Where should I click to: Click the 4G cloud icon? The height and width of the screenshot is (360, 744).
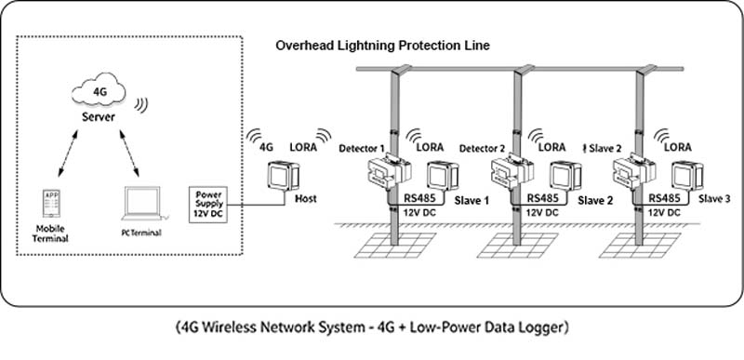[x=99, y=90]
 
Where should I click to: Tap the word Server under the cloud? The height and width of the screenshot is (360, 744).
[x=99, y=116]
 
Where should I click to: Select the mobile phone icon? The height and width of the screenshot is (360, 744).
[x=50, y=204]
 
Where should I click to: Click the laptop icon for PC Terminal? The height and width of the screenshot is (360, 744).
[x=142, y=204]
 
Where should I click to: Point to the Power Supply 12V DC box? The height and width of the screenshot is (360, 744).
[x=208, y=205]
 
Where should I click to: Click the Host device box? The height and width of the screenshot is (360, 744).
[x=284, y=176]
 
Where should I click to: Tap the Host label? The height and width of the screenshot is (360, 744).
[x=306, y=199]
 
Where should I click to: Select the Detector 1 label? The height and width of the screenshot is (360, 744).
[x=362, y=149]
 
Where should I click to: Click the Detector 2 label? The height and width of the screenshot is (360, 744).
[x=482, y=149]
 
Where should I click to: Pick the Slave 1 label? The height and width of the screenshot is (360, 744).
[x=472, y=201]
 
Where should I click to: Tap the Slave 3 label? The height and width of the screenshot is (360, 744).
[x=714, y=199]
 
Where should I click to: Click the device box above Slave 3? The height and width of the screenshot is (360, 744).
[x=687, y=176]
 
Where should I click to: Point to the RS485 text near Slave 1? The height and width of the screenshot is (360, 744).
[x=420, y=198]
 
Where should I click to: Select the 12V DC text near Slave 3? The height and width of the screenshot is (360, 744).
[x=664, y=213]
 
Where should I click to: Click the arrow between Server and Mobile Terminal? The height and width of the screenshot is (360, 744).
[x=68, y=153]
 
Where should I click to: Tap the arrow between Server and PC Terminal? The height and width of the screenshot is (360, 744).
[x=129, y=153]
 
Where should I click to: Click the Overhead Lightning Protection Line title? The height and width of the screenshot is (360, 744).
[x=383, y=46]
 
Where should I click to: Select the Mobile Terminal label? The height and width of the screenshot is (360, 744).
[x=50, y=233]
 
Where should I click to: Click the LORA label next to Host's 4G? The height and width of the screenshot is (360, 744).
[x=303, y=148]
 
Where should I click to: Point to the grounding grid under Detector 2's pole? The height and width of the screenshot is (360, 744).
[x=517, y=246]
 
